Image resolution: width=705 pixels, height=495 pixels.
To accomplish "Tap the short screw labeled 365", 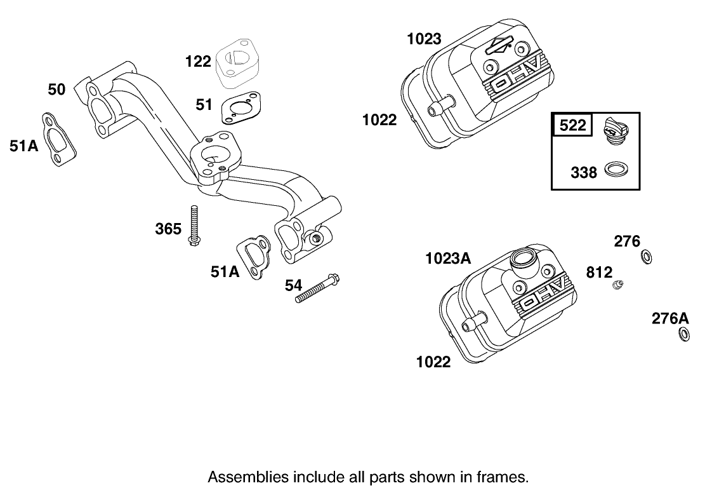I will pos(194,226).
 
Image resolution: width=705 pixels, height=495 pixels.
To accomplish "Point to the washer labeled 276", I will pos(645,257).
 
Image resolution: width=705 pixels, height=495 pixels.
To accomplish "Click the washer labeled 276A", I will pos(684,334).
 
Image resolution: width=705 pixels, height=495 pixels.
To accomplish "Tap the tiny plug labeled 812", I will pos(617,285).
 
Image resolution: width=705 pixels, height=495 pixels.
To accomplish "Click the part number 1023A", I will pos(448,258).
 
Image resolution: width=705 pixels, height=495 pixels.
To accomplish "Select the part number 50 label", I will pos(56,90).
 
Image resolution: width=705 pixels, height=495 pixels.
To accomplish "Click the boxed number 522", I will pos(573,125).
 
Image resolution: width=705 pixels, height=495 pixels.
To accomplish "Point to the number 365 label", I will pos(168,229).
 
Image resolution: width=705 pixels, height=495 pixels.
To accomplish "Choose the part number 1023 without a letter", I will pos(424,39).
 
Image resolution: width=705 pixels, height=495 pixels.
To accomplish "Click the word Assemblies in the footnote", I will pos(242,477).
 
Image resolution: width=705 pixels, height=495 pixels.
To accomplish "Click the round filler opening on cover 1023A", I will pos(523,259).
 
